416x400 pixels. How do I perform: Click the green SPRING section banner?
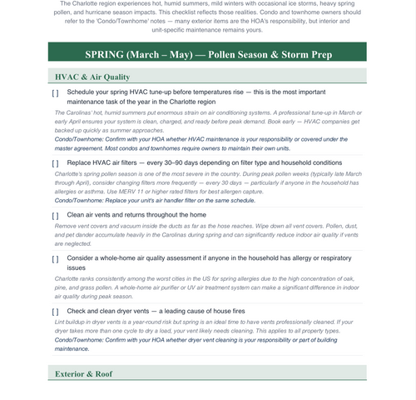208,54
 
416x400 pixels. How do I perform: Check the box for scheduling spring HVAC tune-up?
55,92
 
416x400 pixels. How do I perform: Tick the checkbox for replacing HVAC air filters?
55,163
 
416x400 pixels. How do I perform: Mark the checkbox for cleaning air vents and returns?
55,215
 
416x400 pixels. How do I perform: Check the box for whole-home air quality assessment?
55,259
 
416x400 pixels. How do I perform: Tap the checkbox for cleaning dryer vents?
55,311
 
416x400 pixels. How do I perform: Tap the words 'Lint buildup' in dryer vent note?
72,322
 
